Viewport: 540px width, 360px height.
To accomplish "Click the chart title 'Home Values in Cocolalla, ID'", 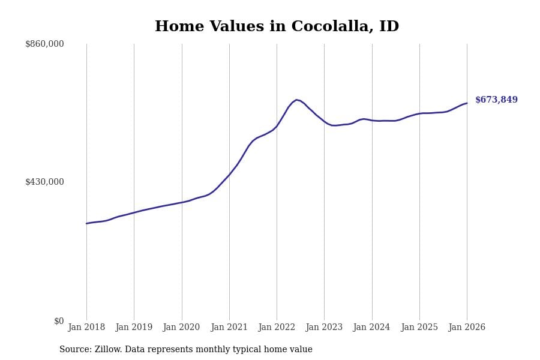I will pyautogui.click(x=277, y=27).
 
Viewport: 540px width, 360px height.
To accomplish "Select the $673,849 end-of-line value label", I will pyautogui.click(x=496, y=100).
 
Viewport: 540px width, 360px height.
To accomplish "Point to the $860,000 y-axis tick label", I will pyautogui.click(x=44, y=44).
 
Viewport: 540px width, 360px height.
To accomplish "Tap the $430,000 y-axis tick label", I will pyautogui.click(x=44, y=182).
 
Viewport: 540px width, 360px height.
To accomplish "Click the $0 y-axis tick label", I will pyautogui.click(x=59, y=321).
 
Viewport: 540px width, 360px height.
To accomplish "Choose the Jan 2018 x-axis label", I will pyautogui.click(x=86, y=328).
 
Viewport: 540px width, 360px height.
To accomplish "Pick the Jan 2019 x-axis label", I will pyautogui.click(x=134, y=328).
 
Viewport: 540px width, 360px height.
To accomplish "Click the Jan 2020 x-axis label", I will pyautogui.click(x=181, y=328).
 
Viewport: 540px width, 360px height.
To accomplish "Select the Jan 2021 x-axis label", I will pyautogui.click(x=229, y=328).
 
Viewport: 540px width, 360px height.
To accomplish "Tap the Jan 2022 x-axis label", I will pyautogui.click(x=277, y=328).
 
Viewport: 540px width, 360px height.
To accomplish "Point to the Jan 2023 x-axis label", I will pyautogui.click(x=324, y=328).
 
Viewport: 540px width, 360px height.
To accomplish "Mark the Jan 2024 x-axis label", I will pyautogui.click(x=371, y=328).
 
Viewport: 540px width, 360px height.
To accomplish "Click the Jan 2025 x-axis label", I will pyautogui.click(x=419, y=328).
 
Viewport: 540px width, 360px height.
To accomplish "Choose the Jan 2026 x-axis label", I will pyautogui.click(x=467, y=328).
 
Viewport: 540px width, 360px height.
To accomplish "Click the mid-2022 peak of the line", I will pyautogui.click(x=296, y=100).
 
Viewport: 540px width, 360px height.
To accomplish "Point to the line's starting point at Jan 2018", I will pyautogui.click(x=86, y=223).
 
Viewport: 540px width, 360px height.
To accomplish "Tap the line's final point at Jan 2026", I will pyautogui.click(x=467, y=103).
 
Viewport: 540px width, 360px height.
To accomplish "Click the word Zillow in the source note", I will pyautogui.click(x=110, y=350).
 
